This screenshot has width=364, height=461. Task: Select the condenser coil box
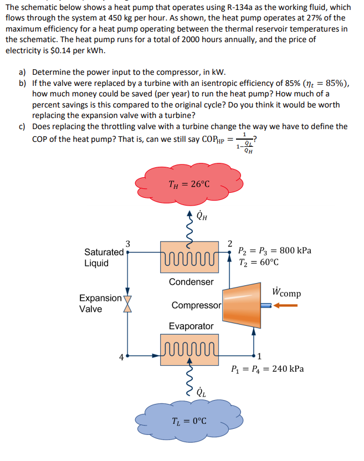(x=189, y=257)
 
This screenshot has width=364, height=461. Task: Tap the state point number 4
(x=121, y=356)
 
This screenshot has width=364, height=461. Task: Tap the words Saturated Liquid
(x=104, y=257)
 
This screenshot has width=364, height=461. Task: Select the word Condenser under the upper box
(x=191, y=281)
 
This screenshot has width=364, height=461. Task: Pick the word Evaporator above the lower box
(x=191, y=326)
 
